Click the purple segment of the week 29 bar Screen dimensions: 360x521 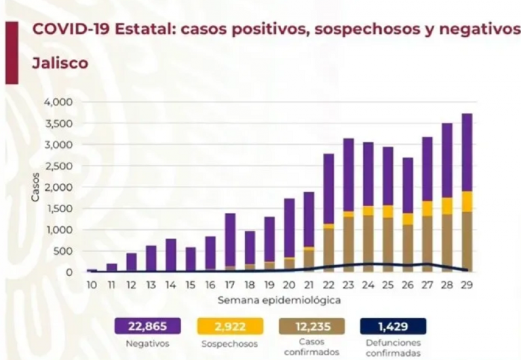click(x=467, y=153)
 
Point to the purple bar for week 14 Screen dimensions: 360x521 click(x=171, y=255)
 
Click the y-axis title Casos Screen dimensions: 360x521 click(x=35, y=187)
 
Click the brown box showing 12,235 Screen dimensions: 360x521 click(x=313, y=326)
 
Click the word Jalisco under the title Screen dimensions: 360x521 click(x=60, y=64)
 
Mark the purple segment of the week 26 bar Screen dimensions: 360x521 click(x=408, y=185)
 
